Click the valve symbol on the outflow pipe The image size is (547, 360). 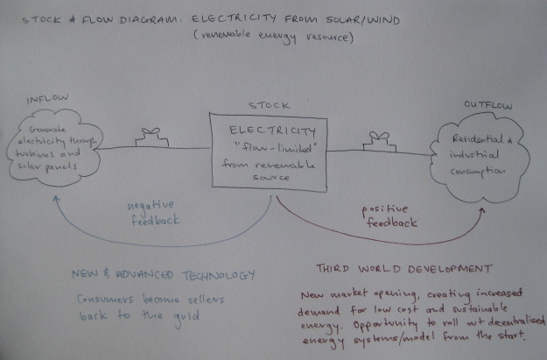click(379, 137)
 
